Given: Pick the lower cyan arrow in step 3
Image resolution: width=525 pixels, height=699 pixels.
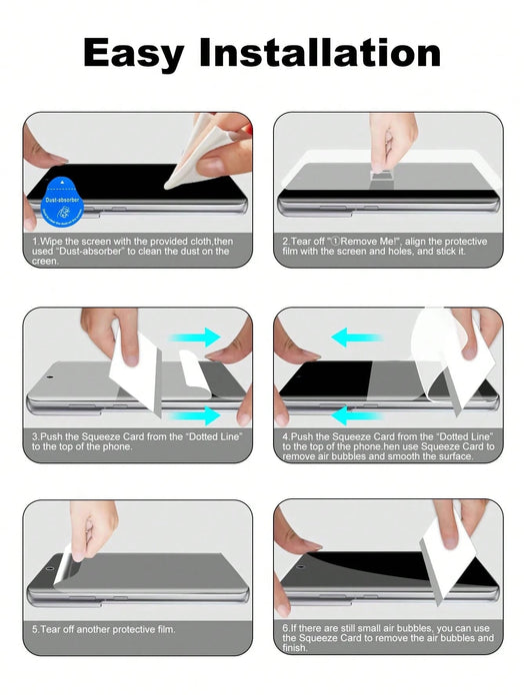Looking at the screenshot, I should coord(197,415).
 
